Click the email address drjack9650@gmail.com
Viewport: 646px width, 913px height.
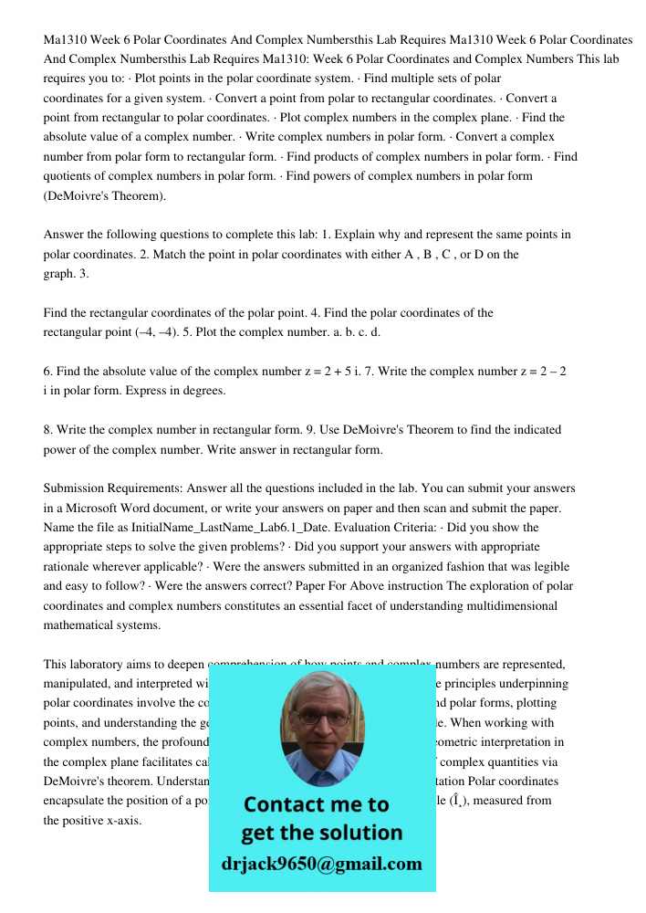pyautogui.click(x=322, y=864)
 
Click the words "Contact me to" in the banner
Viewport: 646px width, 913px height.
pyautogui.click(x=316, y=804)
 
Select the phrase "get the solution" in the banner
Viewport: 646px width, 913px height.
pyautogui.click(x=321, y=833)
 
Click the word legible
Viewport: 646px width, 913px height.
pyautogui.click(x=556, y=566)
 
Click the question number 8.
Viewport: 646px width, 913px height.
pyautogui.click(x=47, y=429)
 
